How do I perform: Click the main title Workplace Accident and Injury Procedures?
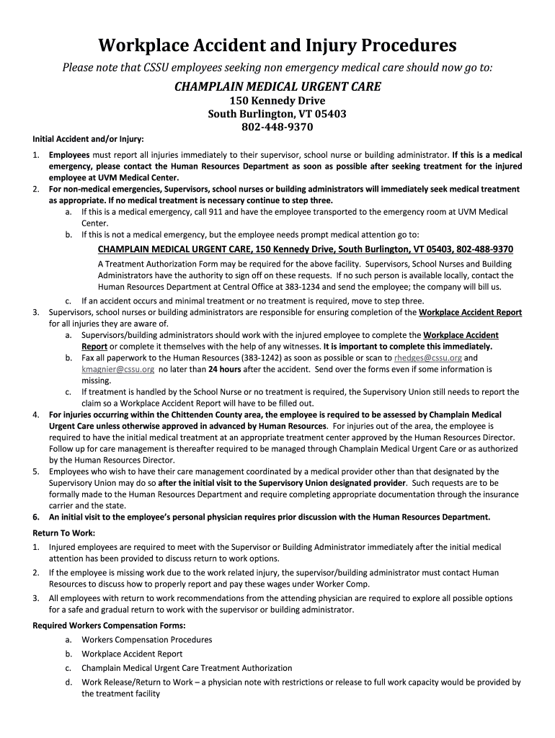(277, 45)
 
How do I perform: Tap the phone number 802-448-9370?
(277, 127)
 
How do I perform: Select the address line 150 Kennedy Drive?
(277, 101)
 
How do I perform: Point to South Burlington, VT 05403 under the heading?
(277, 114)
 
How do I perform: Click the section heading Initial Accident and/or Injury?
(88, 138)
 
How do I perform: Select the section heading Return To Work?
(63, 533)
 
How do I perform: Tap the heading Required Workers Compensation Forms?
(109, 625)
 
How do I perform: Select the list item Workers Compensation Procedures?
(147, 639)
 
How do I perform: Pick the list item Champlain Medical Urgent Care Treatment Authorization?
(187, 668)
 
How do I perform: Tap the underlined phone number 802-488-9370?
(479, 249)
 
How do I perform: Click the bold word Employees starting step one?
(69, 155)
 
